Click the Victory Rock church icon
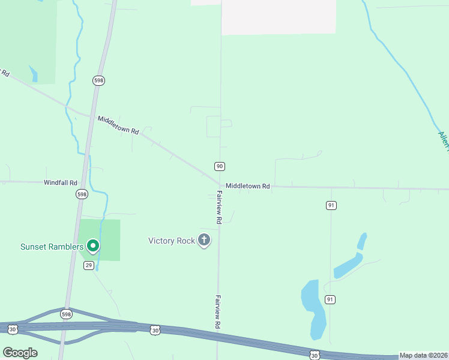point(204,241)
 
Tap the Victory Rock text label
point(172,241)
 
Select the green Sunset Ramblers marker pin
point(93,246)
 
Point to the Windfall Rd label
point(61,182)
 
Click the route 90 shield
point(220,166)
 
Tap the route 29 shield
point(89,265)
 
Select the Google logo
point(20,352)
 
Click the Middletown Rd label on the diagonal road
point(118,124)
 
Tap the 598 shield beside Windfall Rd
point(82,194)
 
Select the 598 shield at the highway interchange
point(66,314)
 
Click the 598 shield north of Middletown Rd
point(98,80)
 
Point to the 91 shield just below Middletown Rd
point(331,205)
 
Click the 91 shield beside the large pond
point(330,299)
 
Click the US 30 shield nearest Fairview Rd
point(155,330)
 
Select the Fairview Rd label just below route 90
point(220,208)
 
